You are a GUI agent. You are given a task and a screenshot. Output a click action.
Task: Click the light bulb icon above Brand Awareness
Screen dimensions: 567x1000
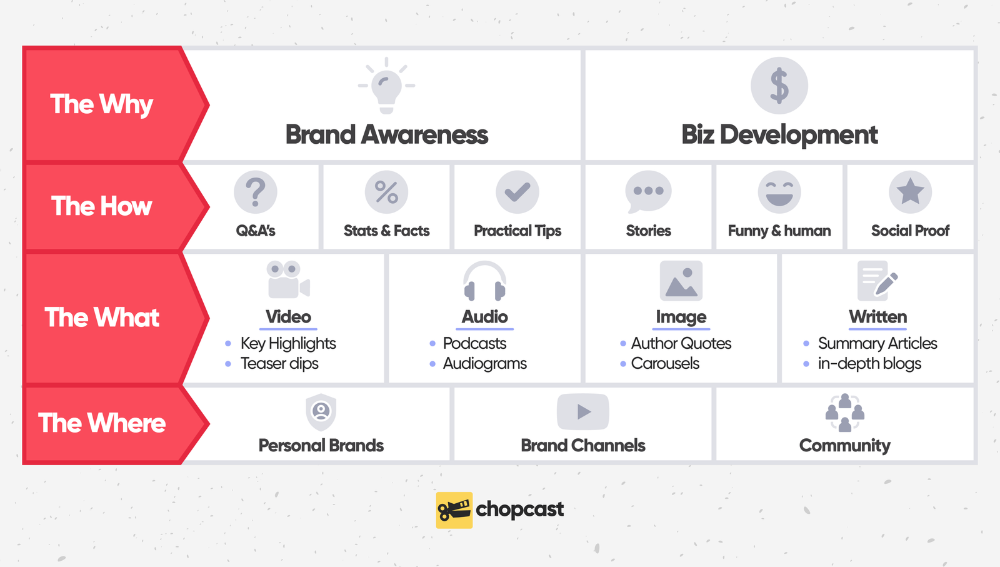pyautogui.click(x=386, y=86)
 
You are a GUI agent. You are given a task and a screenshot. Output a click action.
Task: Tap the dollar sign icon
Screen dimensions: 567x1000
pyautogui.click(x=779, y=86)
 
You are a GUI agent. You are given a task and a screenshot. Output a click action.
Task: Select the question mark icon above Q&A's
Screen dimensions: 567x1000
pyautogui.click(x=255, y=192)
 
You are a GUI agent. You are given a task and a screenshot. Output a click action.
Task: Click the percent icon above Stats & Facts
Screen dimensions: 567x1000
pyautogui.click(x=386, y=192)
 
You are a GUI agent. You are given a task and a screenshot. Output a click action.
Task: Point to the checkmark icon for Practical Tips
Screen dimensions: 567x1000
pyautogui.click(x=517, y=192)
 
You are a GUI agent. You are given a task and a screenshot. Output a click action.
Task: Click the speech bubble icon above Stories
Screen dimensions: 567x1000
pyautogui.click(x=648, y=191)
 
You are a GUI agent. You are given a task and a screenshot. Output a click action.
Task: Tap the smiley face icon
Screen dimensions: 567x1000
pyautogui.click(x=779, y=192)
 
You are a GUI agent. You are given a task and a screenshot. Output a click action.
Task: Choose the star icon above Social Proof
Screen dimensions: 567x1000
pyautogui.click(x=910, y=192)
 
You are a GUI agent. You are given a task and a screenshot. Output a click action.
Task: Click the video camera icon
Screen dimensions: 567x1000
pyautogui.click(x=287, y=280)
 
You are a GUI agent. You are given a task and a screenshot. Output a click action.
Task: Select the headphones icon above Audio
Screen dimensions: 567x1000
pyautogui.click(x=484, y=281)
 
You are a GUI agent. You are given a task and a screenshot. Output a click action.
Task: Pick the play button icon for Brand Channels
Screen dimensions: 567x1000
pyautogui.click(x=582, y=411)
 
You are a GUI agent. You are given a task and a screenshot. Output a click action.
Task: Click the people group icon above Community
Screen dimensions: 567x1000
pyautogui.click(x=844, y=413)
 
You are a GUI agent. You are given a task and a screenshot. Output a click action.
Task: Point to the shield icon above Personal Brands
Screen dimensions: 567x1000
pyautogui.click(x=321, y=412)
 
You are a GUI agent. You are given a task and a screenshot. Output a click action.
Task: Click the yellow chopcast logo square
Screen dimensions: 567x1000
pyautogui.click(x=454, y=510)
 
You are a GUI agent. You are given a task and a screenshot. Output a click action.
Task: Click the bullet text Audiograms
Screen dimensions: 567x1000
pyautogui.click(x=484, y=363)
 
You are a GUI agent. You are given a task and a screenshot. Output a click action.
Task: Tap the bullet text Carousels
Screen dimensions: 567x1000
pyautogui.click(x=665, y=363)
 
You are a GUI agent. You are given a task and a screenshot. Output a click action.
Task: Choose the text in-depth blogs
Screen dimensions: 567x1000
pyautogui.click(x=869, y=363)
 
